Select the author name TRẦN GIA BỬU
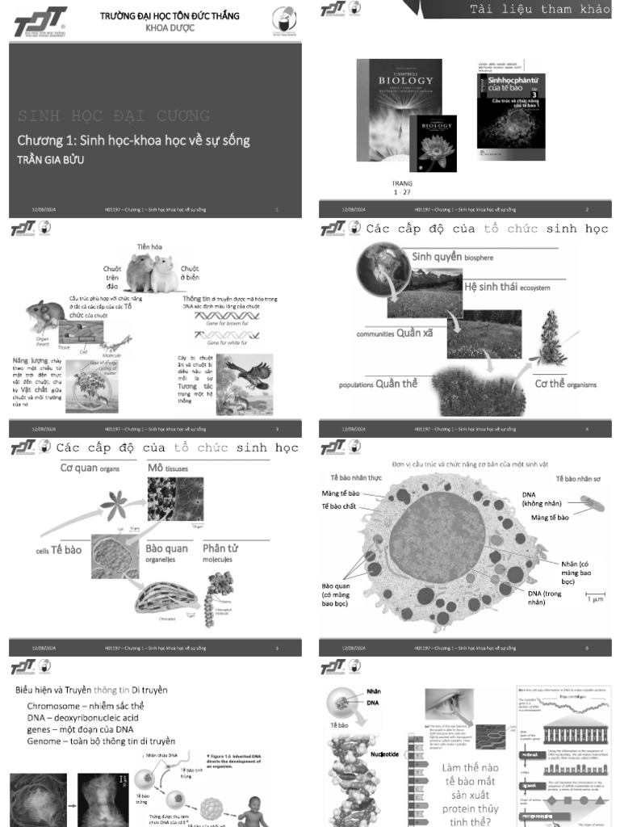[51, 160]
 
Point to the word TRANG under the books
[401, 183]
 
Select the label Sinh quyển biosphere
[452, 257]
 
